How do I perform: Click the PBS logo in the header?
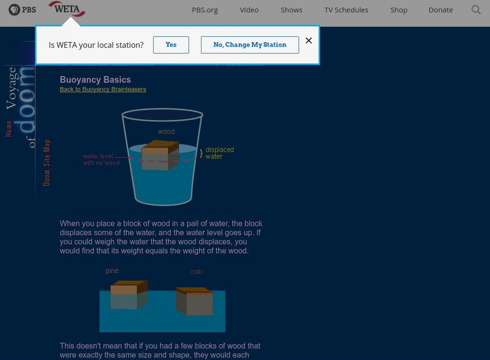(22, 10)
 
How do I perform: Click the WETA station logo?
(67, 9)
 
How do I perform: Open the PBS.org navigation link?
(205, 10)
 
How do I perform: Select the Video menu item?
(249, 10)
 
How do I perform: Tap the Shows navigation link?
(292, 10)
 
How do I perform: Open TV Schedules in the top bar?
(346, 10)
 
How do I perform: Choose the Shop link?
(399, 10)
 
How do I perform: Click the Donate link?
(440, 10)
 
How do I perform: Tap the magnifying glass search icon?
(476, 10)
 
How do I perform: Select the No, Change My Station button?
(250, 45)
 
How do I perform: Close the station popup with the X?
(309, 40)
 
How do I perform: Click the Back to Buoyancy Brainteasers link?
(103, 89)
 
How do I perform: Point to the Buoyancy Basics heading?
(96, 80)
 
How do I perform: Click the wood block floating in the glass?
(160, 156)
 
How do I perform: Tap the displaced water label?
(220, 153)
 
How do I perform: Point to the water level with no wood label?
(101, 159)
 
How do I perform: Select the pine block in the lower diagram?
(129, 294)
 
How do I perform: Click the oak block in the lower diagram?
(194, 301)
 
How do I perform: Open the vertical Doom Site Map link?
(47, 163)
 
